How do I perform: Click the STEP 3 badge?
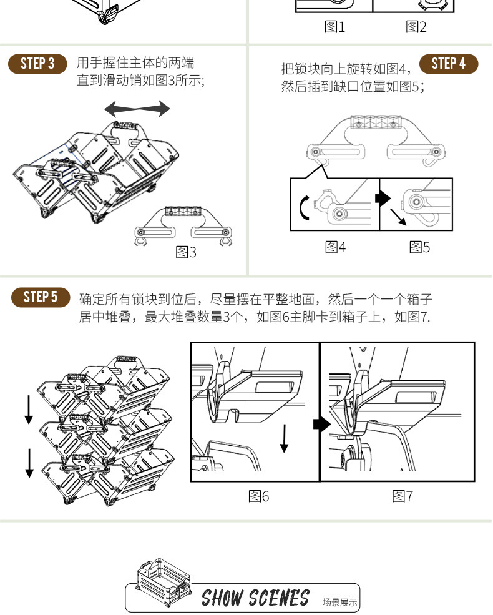pos(37,64)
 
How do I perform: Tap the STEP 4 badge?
pos(448,64)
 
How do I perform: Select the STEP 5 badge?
pos(41,297)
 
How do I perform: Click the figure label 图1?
pos(334,27)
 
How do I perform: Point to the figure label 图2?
pos(416,27)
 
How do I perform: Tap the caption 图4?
pos(335,247)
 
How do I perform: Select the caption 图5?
pos(419,247)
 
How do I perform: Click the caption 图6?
pos(258,496)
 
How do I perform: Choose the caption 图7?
pos(403,496)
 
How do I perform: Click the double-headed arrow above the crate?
pos(137,109)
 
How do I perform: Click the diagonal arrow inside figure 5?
pos(398,217)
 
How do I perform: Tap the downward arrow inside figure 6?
pos(285,438)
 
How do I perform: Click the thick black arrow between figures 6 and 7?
pos(321,425)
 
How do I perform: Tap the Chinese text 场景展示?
pos(340,603)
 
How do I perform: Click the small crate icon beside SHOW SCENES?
pos(161,581)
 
